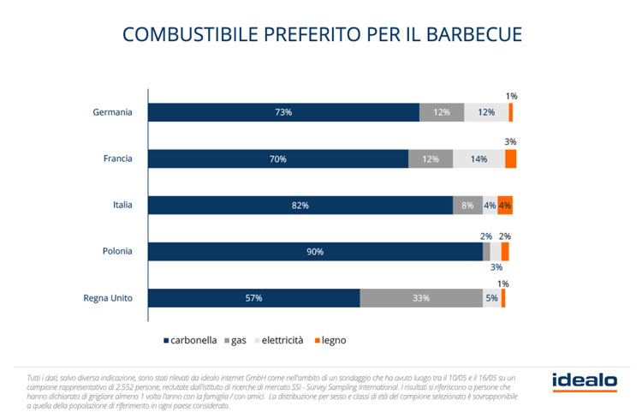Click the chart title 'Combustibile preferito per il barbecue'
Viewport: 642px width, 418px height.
click(x=321, y=34)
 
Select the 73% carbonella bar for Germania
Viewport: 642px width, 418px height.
click(x=283, y=112)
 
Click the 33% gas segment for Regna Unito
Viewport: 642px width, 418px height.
click(x=421, y=297)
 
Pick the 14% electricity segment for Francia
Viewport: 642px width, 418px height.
click(x=479, y=158)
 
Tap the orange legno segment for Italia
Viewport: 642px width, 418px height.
click(x=505, y=205)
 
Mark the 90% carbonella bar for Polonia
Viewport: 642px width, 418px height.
click(x=315, y=251)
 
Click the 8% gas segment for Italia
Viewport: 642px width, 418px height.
click(x=467, y=205)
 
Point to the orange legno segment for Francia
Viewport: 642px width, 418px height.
click(x=510, y=158)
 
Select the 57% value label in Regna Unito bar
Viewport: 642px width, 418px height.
click(x=253, y=297)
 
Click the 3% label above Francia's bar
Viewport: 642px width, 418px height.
click(x=510, y=141)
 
